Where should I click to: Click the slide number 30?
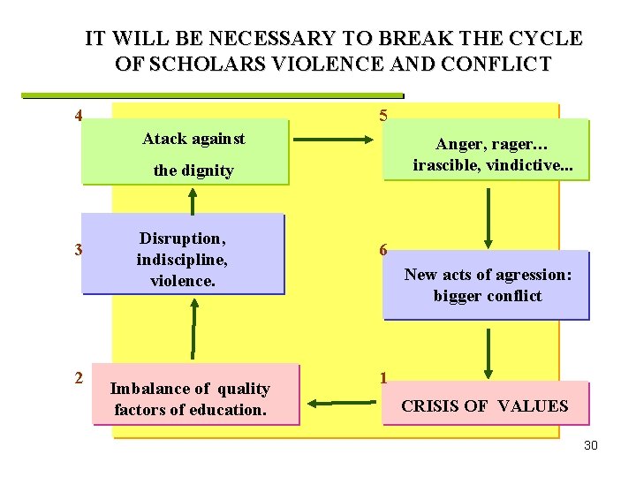(x=591, y=445)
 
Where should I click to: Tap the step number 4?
(x=79, y=116)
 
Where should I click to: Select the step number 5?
(x=382, y=116)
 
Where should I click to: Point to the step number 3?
(x=79, y=250)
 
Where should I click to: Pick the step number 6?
(x=382, y=250)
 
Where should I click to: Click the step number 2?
(x=79, y=378)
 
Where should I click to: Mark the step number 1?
(x=382, y=378)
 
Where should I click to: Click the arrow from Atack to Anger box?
(x=335, y=140)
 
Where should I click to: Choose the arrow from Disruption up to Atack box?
(x=192, y=199)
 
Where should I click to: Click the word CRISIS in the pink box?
(x=432, y=406)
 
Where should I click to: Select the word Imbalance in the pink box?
(x=148, y=389)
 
